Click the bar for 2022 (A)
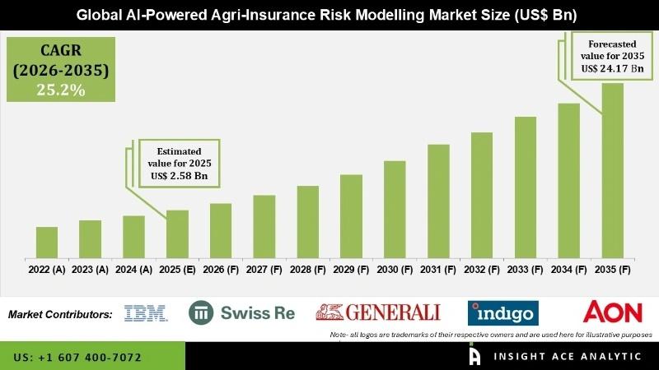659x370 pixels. click(x=47, y=242)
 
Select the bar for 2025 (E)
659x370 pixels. click(x=177, y=234)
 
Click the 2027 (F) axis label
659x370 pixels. click(x=264, y=269)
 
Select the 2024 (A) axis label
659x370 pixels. click(x=133, y=269)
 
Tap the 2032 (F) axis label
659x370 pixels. click(x=482, y=269)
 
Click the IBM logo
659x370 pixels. click(x=145, y=312)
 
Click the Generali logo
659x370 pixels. click(x=378, y=312)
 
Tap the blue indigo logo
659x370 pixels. click(x=502, y=312)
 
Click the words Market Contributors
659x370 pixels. click(x=60, y=314)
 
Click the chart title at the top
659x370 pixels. click(x=329, y=13)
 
